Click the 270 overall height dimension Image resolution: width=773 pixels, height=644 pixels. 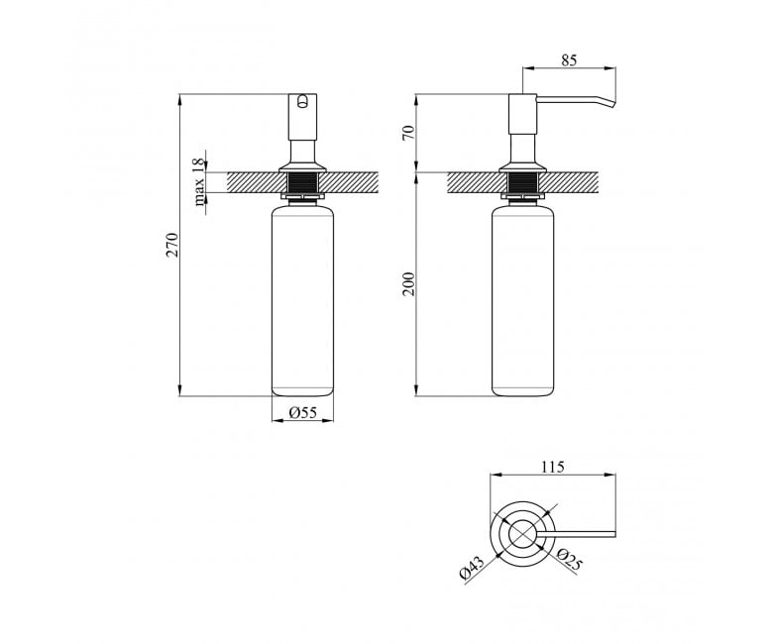[171, 245]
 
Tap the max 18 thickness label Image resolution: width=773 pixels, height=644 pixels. [198, 182]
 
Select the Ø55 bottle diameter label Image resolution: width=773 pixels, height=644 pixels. [302, 413]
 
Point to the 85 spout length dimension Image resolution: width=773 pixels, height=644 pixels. [569, 60]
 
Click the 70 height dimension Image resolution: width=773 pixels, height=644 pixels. [408, 133]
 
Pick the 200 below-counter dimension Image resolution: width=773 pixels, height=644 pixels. [408, 283]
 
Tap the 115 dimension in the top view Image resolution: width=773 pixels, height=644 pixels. [553, 467]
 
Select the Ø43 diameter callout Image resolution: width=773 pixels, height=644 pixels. [472, 568]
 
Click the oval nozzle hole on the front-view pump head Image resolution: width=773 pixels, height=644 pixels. [302, 101]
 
